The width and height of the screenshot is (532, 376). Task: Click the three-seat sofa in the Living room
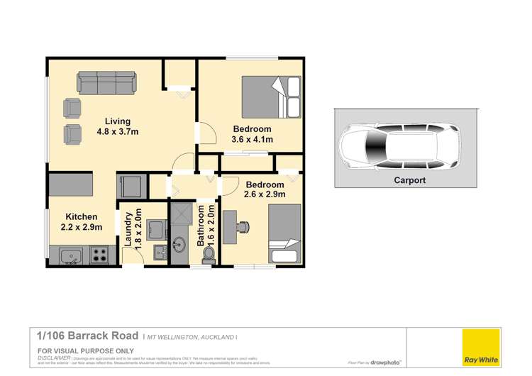[x=106, y=82]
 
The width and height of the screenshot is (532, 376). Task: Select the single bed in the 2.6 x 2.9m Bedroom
[x=285, y=233]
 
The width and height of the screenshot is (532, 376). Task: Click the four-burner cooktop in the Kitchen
[x=100, y=254]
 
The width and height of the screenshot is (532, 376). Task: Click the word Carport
[x=410, y=180]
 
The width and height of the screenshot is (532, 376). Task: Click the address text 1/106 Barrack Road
[x=87, y=334]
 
